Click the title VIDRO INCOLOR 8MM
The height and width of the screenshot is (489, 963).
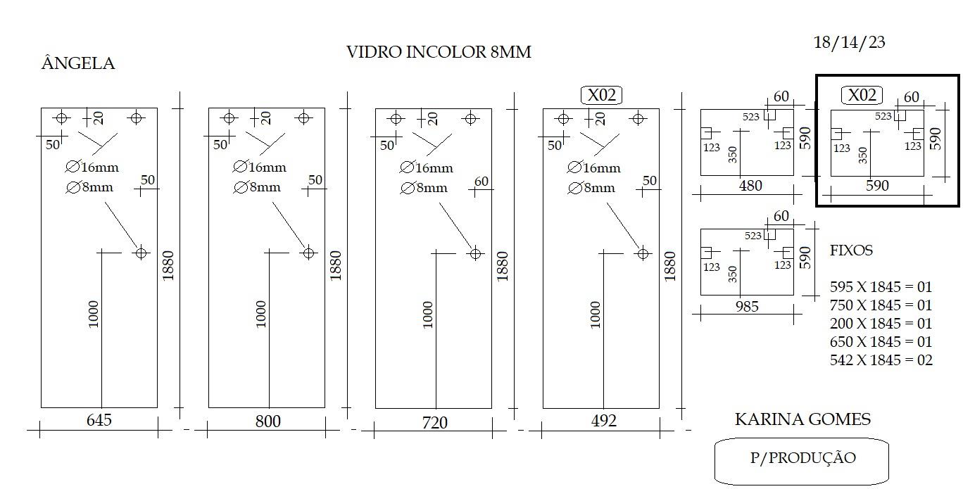pos(439,52)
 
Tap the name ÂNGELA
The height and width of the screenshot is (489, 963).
pos(78,63)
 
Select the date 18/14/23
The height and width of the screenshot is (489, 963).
pos(849,42)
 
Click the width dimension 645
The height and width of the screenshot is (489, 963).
pos(99,420)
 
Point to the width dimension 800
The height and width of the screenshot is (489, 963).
pos(267,421)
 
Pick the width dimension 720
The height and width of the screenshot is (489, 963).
pos(434,423)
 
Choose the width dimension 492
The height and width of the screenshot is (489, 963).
pos(603,421)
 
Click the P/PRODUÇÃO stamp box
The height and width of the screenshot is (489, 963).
pos(801,462)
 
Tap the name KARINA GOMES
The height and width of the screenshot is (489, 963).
pos(802,419)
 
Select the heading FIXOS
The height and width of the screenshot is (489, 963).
pos(851,250)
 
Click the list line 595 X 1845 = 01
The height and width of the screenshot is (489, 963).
pos(881,286)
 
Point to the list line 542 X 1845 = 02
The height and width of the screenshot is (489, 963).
pos(881,360)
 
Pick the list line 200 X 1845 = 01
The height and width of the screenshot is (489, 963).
pos(881,323)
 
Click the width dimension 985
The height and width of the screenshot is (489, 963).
pos(747,307)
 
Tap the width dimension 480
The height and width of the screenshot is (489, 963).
pos(750,186)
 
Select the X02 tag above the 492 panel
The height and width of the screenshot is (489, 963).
pos(601,95)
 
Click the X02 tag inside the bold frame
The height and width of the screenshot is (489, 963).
pos(862,95)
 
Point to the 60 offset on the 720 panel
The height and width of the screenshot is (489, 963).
pos(481,182)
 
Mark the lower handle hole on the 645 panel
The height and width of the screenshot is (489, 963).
pos(141,253)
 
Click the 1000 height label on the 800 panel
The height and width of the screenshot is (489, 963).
pos(261,314)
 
